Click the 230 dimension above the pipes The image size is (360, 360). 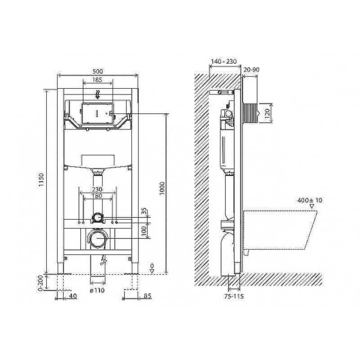(97, 189)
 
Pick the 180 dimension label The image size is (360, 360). (97, 196)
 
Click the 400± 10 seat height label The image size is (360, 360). (310, 200)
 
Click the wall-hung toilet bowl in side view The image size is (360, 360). (276, 231)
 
